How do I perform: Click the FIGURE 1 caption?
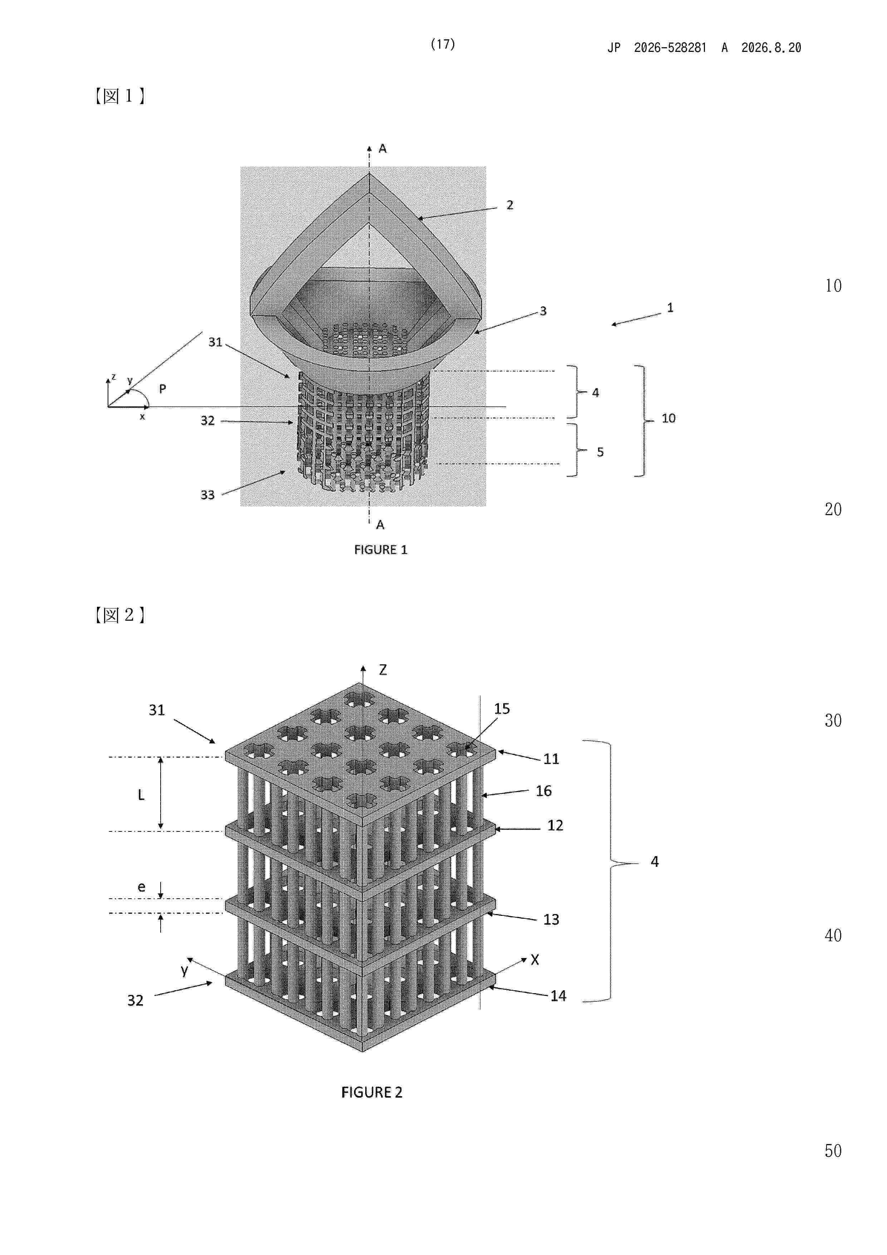(381, 550)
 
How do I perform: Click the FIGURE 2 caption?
(372, 1092)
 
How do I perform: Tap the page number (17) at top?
(443, 44)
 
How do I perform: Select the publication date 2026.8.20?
(771, 48)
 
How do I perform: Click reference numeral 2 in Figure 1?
(510, 205)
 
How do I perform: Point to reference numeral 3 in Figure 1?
(543, 311)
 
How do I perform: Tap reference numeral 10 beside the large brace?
(668, 418)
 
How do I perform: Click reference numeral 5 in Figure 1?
(600, 452)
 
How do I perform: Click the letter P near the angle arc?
(162, 389)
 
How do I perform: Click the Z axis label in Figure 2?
(383, 670)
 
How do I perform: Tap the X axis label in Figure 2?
(534, 960)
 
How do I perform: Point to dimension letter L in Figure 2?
(141, 795)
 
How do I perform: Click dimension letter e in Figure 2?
(141, 887)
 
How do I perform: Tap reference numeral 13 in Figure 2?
(551, 919)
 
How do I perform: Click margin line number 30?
(833, 721)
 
